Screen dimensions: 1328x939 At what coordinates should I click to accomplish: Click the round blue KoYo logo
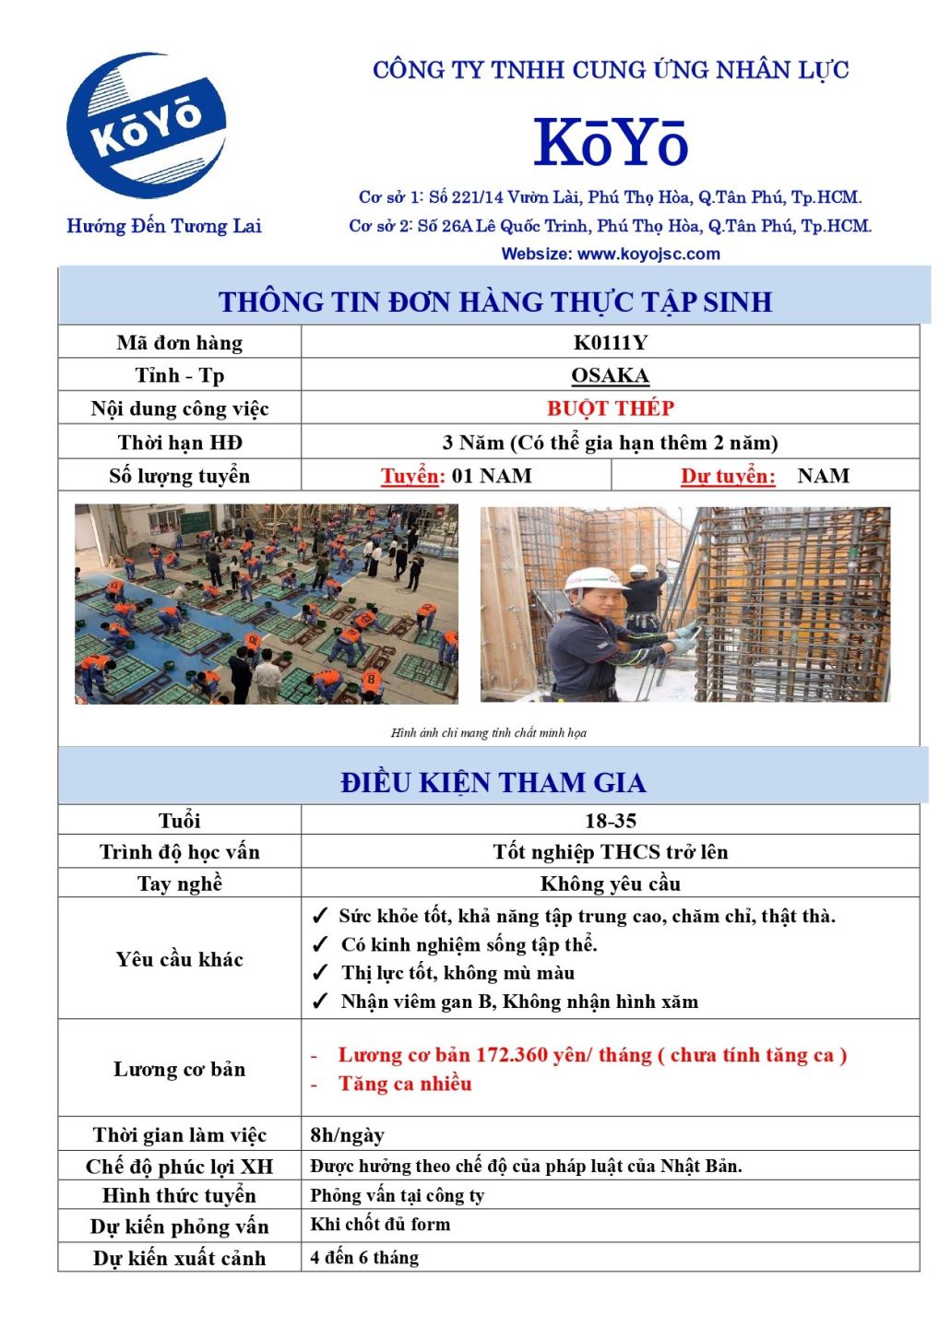[x=148, y=125]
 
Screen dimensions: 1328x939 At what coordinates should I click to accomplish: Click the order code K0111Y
[x=610, y=343]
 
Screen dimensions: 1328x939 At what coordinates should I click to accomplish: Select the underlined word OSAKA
[x=610, y=375]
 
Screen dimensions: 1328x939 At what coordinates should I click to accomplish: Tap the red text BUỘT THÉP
[x=610, y=408]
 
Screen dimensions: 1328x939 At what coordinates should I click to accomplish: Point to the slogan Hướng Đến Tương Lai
[x=164, y=226]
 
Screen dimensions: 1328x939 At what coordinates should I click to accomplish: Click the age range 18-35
[x=610, y=821]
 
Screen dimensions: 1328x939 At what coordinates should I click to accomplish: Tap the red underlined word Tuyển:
[x=412, y=476]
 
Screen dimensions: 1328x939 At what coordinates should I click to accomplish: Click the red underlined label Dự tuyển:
[x=728, y=476]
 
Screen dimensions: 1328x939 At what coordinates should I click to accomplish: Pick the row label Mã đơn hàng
[x=180, y=343]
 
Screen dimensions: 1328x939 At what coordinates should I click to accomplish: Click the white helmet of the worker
[x=584, y=579]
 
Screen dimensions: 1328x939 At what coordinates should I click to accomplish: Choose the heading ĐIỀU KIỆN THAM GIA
[x=493, y=783]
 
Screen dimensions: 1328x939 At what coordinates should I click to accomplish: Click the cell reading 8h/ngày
[x=348, y=1135]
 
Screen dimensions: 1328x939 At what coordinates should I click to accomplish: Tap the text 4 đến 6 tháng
[x=364, y=1258]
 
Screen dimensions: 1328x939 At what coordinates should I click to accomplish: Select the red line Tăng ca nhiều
[x=405, y=1084]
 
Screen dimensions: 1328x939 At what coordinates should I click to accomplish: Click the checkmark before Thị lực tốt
[x=320, y=973]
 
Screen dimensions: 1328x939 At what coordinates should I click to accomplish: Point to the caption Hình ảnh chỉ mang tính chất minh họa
[x=488, y=733]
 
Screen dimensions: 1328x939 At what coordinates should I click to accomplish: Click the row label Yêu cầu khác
[x=180, y=959]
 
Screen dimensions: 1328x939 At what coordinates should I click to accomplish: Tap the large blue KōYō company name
[x=611, y=143]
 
